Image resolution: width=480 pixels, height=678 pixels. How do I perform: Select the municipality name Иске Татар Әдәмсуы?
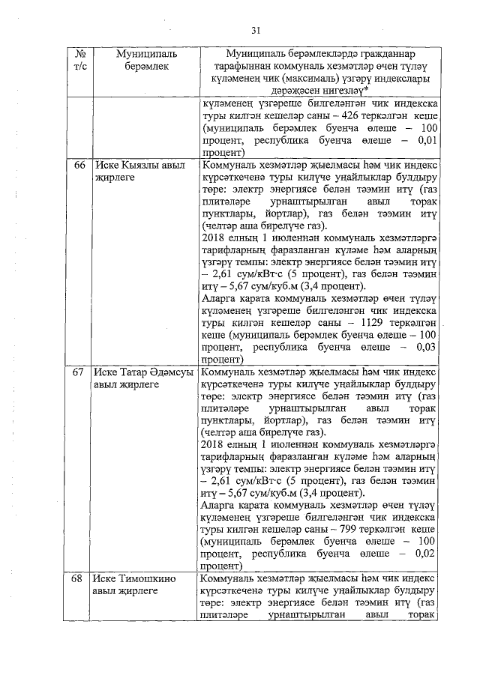142,372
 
